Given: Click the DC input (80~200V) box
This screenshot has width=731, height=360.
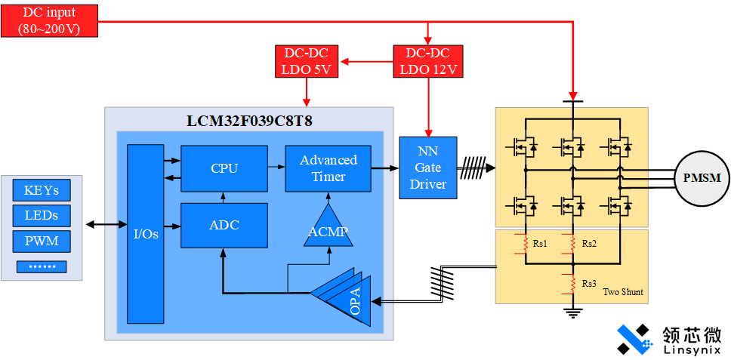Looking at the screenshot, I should [49, 20].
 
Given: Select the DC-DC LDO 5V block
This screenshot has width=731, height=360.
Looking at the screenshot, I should [307, 61].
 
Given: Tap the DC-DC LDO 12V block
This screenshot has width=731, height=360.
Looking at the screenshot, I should [428, 61].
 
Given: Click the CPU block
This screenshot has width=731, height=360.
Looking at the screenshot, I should [224, 168].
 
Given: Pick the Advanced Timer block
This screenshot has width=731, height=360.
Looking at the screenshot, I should [328, 168].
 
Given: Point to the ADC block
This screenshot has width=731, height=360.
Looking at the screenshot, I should [224, 225].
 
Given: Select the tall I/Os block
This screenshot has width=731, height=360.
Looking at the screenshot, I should [146, 233].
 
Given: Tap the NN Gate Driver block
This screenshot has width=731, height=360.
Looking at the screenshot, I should [428, 168].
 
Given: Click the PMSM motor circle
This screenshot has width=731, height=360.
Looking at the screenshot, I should [702, 178].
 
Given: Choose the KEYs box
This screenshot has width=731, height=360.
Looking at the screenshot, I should [42, 190].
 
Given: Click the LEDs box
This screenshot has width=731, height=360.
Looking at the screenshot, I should [42, 216].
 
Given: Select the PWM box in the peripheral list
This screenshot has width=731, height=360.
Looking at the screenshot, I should [42, 242].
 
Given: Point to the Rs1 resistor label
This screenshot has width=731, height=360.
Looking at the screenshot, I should [540, 244].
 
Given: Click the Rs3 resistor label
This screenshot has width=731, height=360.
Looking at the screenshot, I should [589, 283].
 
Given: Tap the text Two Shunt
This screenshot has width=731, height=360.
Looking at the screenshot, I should [623, 291].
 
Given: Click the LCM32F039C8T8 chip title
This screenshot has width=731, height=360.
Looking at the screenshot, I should [249, 121].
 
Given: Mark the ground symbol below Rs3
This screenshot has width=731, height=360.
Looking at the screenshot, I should [573, 311].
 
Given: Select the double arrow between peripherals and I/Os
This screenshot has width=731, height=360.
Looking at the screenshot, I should [106, 224].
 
